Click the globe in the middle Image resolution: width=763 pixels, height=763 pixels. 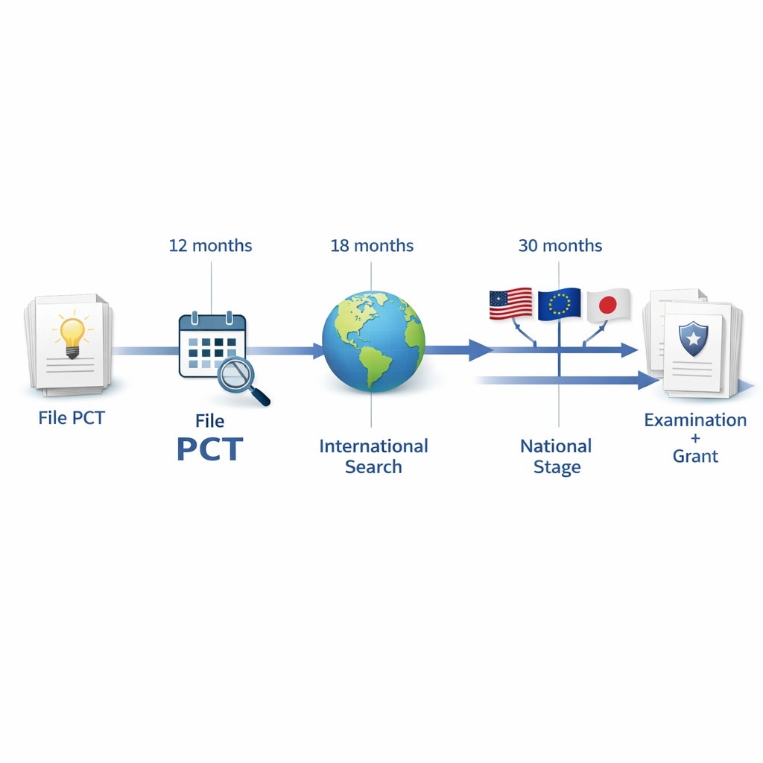pos(373,341)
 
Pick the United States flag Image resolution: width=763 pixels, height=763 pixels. pos(510,304)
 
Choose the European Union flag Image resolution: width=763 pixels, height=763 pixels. pos(559,304)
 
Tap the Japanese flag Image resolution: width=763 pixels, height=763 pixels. pos(608,304)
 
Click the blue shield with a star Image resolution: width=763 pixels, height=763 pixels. pos(693,339)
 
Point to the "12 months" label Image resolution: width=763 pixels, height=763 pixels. pos(210,245)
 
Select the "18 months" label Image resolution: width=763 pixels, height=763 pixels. pos(372,245)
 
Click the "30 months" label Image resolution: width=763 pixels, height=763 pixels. pos(560,245)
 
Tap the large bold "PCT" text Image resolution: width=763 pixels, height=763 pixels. pos(209,450)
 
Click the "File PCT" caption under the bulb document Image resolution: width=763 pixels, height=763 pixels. pos(72,417)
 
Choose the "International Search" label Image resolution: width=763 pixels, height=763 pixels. pos(373,456)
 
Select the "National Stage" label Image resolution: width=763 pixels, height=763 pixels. pos(557,456)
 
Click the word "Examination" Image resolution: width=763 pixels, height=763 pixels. pos(695,420)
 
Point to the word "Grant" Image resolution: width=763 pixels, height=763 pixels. pos(695,455)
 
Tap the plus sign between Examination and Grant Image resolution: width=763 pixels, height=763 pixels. pos(695,438)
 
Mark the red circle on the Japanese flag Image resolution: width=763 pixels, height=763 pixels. pos(608,305)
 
